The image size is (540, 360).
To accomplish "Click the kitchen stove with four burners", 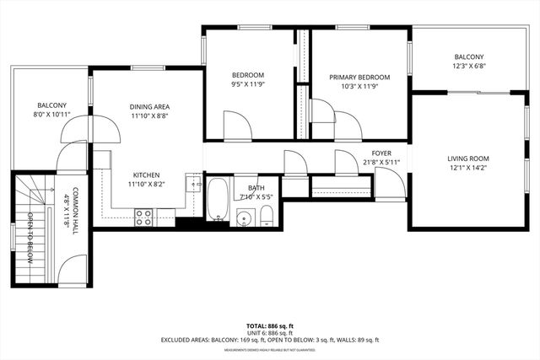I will pos(143,217).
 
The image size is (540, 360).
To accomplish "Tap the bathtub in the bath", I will pos(217,200).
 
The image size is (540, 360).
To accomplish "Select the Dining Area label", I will pos(150,107).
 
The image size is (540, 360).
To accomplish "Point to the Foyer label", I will pos(381,153).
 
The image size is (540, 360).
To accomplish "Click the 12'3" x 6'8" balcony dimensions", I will pos(469,67).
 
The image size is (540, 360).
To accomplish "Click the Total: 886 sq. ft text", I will pos(269,325).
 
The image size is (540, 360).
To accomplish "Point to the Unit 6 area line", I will pos(269,332).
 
